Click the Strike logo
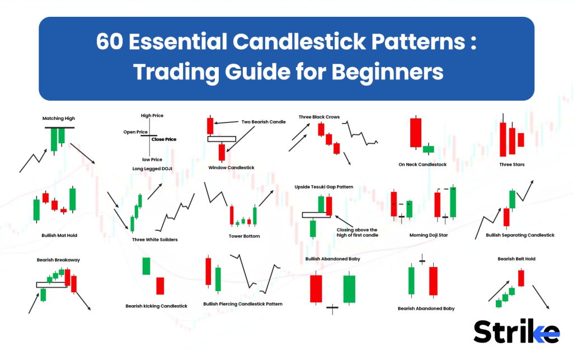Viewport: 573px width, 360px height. [516, 332]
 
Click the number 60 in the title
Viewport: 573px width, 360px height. [110, 42]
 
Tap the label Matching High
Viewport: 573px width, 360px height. [59, 118]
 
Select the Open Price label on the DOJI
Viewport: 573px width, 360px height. [135, 132]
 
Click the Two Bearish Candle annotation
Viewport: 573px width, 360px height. [264, 121]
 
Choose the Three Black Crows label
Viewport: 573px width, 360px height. [319, 117]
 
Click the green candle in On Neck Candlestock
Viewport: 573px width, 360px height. [428, 149]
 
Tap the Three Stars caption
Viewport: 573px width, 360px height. [511, 165]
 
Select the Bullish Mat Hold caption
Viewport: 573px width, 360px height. [59, 235]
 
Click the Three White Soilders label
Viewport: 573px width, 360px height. [155, 240]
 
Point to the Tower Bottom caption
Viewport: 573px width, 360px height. [244, 236]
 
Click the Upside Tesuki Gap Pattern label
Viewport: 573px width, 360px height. [323, 186]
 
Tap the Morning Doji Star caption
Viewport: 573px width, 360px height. [428, 235]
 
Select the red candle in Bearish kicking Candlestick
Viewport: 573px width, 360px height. [160, 286]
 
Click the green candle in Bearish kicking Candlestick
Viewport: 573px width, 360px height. [146, 266]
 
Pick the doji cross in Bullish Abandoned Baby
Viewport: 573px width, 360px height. [332, 307]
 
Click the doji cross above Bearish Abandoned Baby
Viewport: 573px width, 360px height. [422, 260]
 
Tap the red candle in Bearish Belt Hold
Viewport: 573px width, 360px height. [521, 278]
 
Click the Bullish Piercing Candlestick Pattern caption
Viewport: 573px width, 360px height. [243, 303]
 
